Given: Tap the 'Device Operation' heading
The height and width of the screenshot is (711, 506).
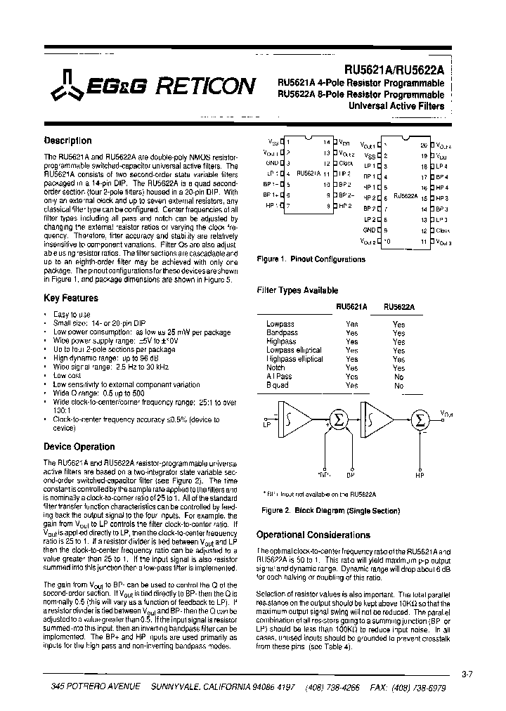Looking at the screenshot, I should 79,447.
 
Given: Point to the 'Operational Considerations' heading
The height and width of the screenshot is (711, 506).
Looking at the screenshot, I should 313,535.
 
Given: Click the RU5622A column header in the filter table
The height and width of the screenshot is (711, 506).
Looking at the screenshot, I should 398,306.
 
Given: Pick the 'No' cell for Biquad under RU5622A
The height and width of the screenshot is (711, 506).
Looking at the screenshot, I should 398,386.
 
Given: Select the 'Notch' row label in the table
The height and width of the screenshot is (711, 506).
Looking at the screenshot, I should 275,368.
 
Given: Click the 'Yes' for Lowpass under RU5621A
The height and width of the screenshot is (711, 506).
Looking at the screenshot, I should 352,324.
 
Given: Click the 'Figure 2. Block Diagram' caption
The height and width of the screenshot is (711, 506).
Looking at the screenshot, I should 330,511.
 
